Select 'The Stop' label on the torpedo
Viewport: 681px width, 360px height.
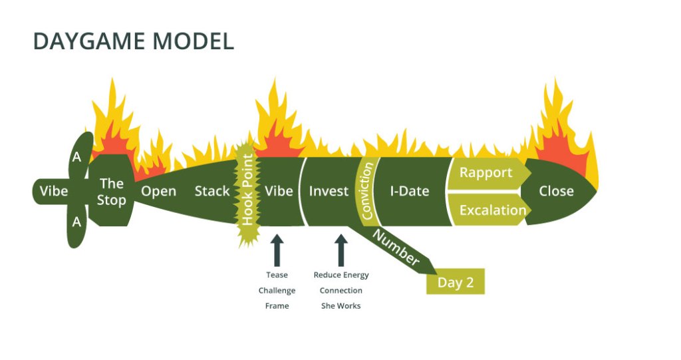tap(111, 192)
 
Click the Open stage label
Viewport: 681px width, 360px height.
tap(158, 192)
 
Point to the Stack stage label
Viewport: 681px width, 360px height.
tap(211, 192)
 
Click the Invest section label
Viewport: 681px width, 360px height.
tap(329, 192)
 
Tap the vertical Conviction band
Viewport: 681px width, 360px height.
tap(367, 190)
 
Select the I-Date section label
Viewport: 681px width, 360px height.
tap(409, 192)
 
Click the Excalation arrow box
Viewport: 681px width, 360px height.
tap(492, 210)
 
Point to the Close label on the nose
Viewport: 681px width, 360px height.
tap(556, 192)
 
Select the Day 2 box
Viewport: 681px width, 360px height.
tap(456, 282)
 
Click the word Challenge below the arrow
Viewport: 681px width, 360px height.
tap(277, 291)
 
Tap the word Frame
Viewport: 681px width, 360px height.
tap(277, 306)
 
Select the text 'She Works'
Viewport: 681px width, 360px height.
tap(340, 306)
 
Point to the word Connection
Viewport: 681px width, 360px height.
tap(340, 291)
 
